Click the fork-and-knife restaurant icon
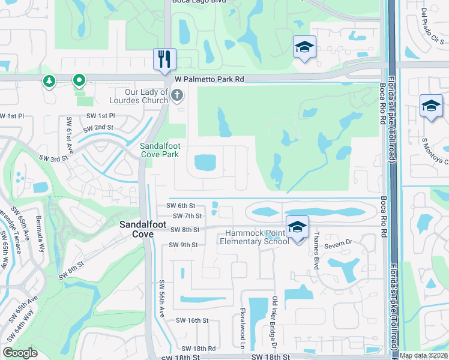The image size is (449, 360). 164,59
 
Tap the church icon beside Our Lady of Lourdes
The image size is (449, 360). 176,95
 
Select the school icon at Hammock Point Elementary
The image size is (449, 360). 297,227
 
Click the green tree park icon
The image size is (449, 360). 48,80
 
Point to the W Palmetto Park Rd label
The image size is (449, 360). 209,79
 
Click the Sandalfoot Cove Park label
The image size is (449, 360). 160,150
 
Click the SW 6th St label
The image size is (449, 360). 181,206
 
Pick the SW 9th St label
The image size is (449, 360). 183,245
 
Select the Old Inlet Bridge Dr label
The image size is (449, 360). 274,319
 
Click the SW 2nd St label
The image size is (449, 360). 98,128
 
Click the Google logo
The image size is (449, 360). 20,353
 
